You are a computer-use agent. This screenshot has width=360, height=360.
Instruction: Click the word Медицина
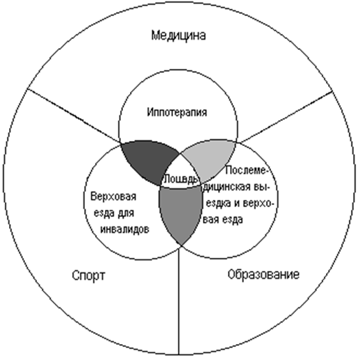tap(179, 35)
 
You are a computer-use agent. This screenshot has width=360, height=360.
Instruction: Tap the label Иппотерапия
tap(177, 113)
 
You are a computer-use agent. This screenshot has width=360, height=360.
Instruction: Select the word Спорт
tap(88, 276)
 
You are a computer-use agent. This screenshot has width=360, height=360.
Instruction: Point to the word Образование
tap(263, 275)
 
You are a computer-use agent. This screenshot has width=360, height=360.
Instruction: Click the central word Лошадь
tap(181, 179)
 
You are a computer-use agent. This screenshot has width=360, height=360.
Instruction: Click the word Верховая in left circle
tap(113, 197)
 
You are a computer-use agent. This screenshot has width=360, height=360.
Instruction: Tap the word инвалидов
tap(124, 229)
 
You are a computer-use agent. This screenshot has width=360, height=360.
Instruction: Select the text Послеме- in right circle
tap(247, 171)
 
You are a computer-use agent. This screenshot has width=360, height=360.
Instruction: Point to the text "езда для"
tap(114, 213)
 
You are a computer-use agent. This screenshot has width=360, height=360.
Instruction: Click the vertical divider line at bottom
tap(179, 301)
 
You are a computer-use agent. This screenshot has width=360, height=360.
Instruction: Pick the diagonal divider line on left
tap(74, 116)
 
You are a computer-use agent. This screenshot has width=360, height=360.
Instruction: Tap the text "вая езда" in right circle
tap(223, 219)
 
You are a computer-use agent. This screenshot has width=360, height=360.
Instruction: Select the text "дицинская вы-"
tap(236, 187)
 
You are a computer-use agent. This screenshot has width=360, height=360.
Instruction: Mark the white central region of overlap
tap(181, 172)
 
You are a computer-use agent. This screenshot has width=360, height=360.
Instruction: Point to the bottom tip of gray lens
tap(181, 245)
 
